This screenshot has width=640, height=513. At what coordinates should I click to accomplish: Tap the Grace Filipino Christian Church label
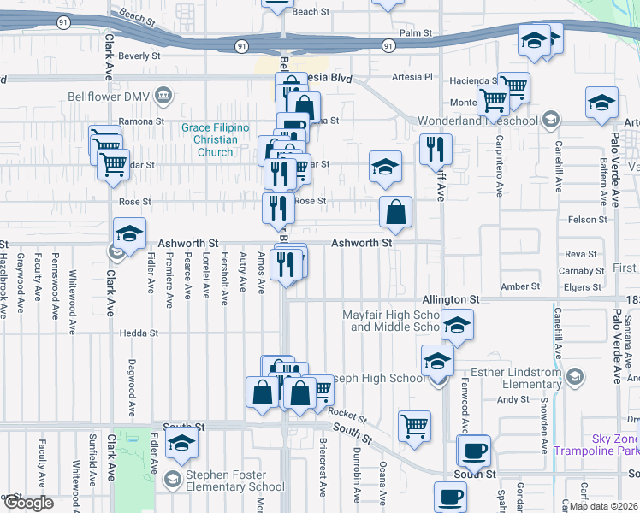coord(215,140)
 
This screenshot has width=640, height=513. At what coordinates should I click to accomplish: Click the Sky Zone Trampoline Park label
coord(596,444)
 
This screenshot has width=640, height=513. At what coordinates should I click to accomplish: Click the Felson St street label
coord(588,220)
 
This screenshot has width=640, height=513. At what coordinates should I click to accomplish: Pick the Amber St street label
coord(520,286)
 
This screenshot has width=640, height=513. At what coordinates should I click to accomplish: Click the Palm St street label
coord(416,32)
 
